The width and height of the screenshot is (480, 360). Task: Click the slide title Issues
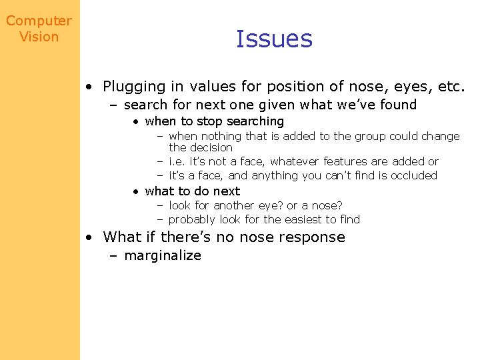point(274,39)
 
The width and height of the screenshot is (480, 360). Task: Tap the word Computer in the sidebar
point(39,21)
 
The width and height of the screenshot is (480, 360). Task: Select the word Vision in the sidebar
point(39,37)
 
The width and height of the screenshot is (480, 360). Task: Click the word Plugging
point(134,87)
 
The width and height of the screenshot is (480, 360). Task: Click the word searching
point(255,121)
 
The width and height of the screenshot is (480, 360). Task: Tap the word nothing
point(221,136)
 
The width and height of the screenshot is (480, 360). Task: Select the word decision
point(211,147)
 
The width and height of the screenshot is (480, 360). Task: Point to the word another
point(236,205)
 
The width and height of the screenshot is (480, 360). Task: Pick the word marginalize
point(163,255)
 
